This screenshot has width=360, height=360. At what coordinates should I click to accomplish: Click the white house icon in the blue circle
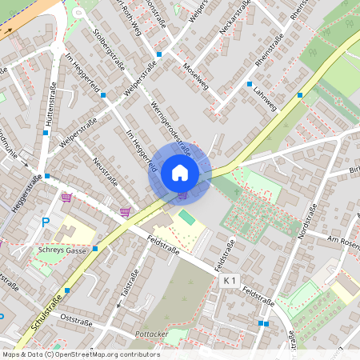[180, 171]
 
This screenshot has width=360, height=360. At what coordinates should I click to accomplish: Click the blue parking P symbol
[46, 222]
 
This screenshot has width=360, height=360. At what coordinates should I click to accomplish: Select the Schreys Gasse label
[62, 250]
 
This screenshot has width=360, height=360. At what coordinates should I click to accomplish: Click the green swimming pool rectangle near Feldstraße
[186, 217]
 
